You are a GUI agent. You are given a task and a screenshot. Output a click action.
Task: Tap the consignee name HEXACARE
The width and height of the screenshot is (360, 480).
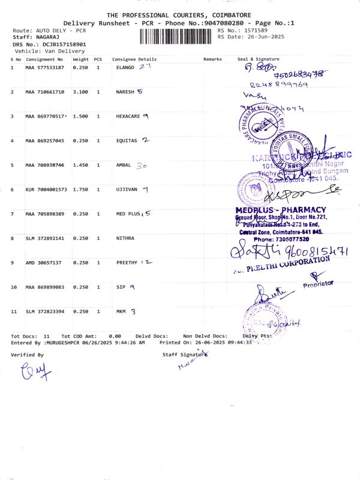click(128, 116)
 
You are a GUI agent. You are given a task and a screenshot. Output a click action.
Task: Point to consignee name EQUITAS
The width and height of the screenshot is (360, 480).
click(126, 141)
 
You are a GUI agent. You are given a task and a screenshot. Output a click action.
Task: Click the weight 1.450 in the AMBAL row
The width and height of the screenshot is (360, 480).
click(80, 165)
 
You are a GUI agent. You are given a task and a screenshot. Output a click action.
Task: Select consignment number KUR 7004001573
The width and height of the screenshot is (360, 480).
click(46, 190)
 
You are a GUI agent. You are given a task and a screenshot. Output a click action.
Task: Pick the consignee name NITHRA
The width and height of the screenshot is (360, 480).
click(125, 238)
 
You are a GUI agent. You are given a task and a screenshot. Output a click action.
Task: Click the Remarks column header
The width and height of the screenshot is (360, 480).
click(212, 60)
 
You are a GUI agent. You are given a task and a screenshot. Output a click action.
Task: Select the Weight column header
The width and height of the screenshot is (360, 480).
click(80, 60)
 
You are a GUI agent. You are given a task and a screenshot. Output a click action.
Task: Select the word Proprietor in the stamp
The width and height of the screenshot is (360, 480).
click(318, 283)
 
